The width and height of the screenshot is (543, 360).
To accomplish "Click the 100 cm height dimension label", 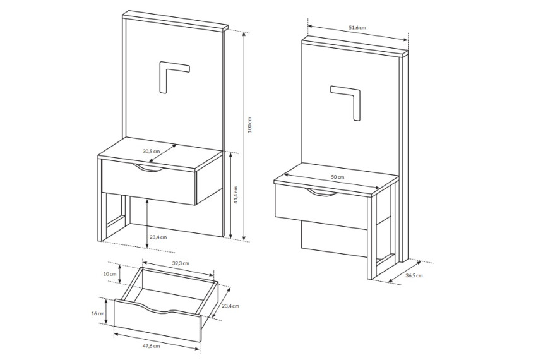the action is click(x=249, y=124).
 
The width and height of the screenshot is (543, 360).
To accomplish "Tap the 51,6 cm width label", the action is click(x=357, y=27).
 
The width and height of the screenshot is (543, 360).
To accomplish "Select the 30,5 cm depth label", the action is click(x=152, y=151).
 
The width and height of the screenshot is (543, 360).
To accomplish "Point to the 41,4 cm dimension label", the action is click(x=236, y=195).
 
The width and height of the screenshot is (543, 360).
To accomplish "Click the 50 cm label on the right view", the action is click(x=338, y=177).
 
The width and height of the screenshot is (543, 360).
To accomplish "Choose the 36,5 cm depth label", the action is click(x=414, y=276).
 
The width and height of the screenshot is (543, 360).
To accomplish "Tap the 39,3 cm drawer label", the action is click(x=181, y=263).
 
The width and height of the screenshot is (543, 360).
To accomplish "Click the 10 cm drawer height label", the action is click(x=110, y=273).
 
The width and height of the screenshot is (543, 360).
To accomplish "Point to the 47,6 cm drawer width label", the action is click(x=152, y=346).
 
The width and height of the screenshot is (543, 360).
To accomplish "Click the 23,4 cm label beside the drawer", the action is click(x=230, y=306).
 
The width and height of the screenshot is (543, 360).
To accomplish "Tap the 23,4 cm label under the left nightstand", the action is click(x=158, y=237).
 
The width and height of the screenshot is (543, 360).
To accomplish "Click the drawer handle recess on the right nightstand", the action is click(x=320, y=193).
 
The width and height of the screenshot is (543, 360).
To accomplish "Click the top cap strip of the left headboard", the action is click(x=176, y=20).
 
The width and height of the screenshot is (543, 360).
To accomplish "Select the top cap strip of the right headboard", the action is click(x=355, y=47).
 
